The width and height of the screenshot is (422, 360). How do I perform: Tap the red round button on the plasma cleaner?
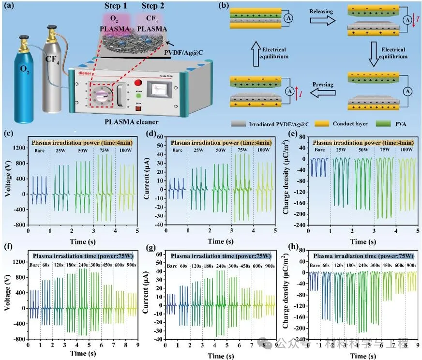[x=138, y=83]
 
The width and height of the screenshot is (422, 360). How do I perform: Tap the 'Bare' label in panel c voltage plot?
[x=39, y=151]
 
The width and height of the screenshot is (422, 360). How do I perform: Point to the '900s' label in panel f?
[x=132, y=265]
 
